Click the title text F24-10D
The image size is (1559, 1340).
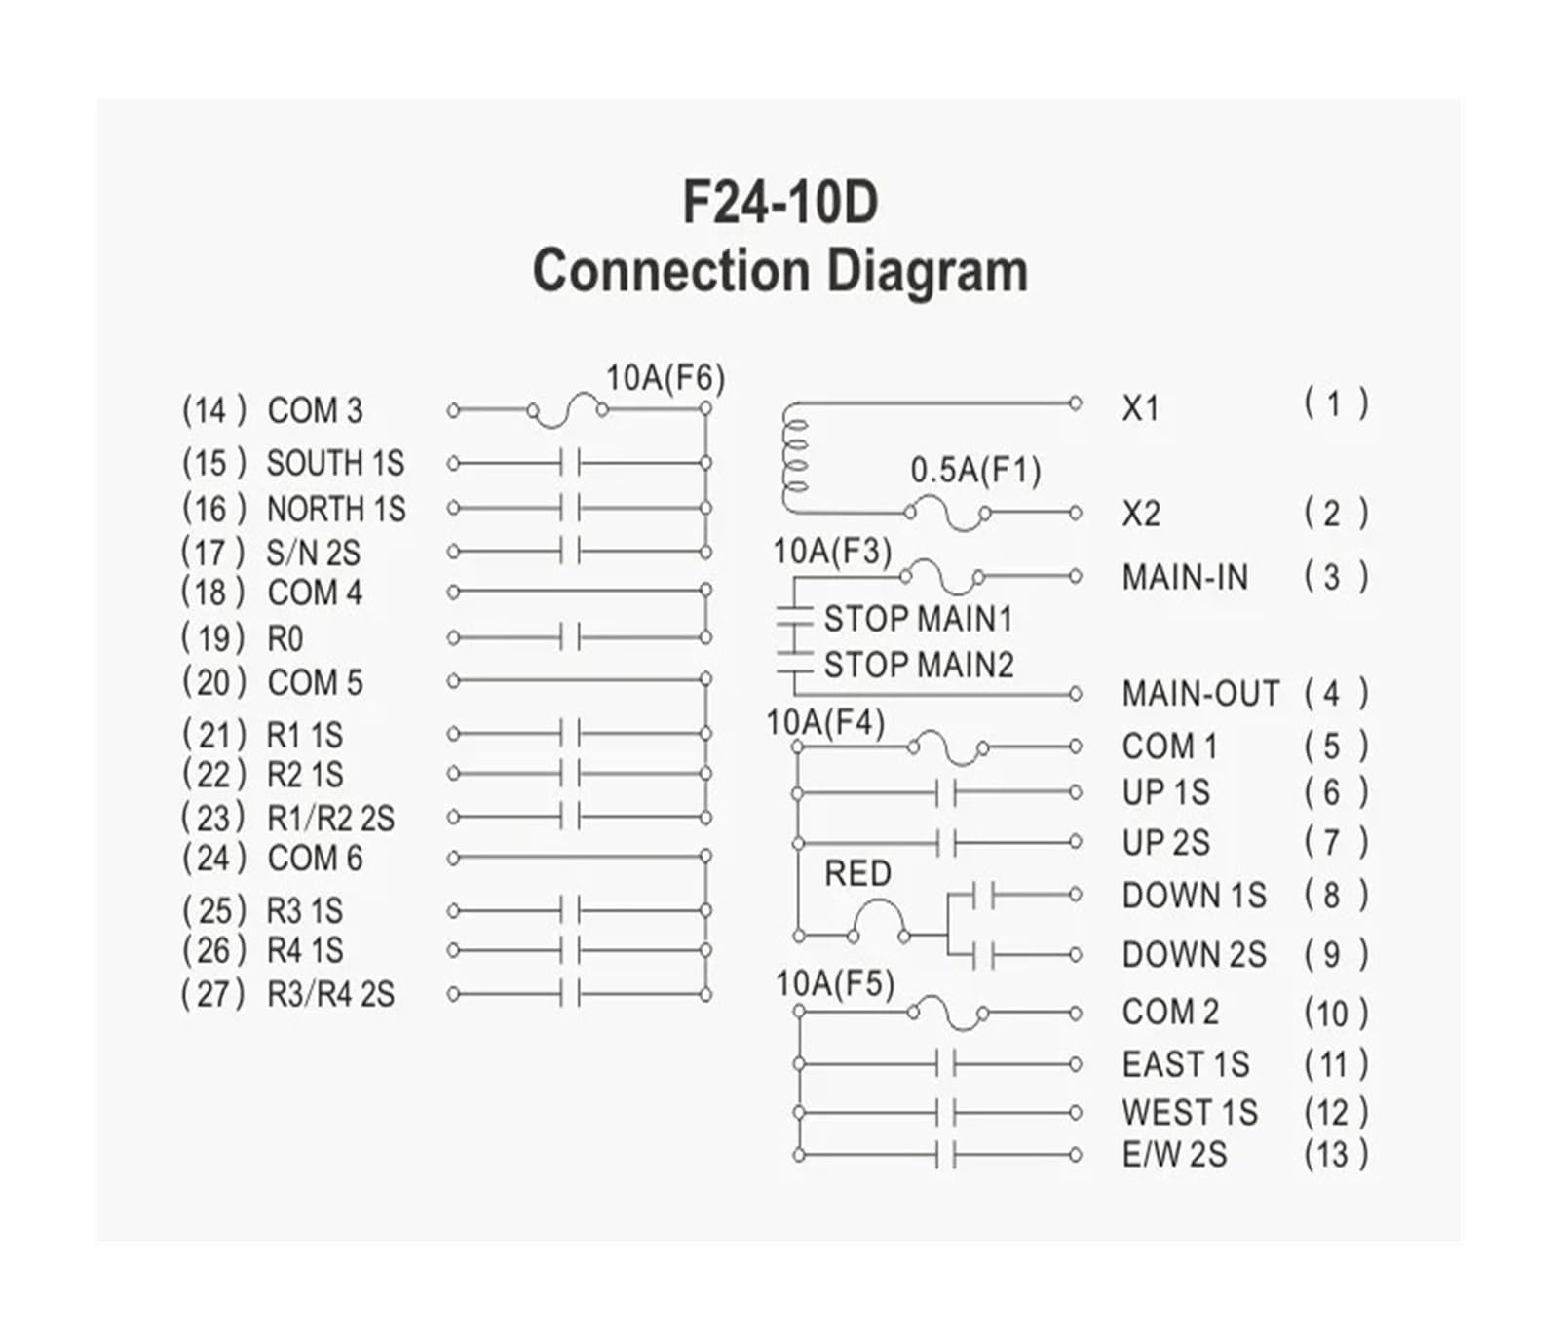(x=779, y=202)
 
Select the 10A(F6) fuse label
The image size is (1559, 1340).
(x=665, y=378)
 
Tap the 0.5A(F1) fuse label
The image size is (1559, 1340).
(x=975, y=471)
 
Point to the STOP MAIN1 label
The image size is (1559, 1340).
(x=918, y=619)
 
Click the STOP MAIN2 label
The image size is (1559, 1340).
(x=919, y=665)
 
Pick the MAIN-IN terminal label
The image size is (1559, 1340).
(x=1184, y=577)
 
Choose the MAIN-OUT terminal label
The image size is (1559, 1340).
(x=1200, y=694)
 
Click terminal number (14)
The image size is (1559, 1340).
(x=214, y=410)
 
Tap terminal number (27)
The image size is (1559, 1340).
(x=214, y=994)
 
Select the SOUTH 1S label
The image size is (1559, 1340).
(x=335, y=463)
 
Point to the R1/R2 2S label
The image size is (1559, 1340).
(x=330, y=819)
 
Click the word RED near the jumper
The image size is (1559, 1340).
(x=857, y=873)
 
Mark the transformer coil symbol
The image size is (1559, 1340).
(x=795, y=458)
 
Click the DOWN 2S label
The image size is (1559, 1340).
(x=1194, y=955)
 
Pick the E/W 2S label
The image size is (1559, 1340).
(x=1174, y=1155)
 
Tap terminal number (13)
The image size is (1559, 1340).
(x=1336, y=1155)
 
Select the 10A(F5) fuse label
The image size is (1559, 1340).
(x=835, y=984)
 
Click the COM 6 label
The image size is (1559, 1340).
(x=315, y=859)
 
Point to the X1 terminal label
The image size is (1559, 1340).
(x=1140, y=408)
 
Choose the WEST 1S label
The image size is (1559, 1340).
(x=1189, y=1112)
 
